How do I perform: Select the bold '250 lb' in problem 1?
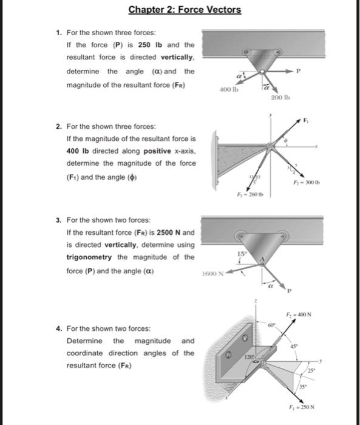pyautogui.click(x=149, y=45)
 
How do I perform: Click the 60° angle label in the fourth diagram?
pyautogui.click(x=273, y=325)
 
